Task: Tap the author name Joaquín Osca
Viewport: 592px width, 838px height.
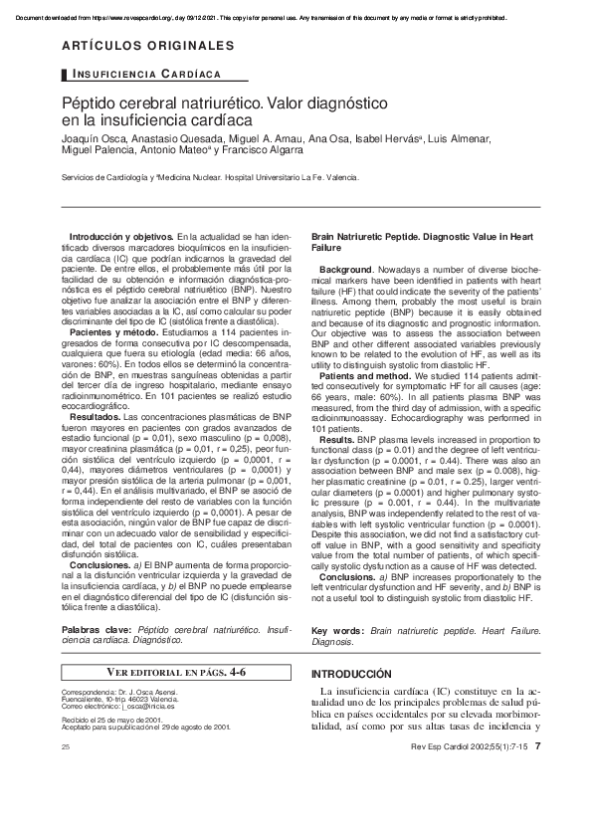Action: [x=95, y=136]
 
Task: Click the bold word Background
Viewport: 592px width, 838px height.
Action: [x=345, y=271]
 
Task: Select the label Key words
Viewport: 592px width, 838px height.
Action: [x=336, y=631]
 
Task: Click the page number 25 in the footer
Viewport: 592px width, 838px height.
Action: [x=66, y=746]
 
